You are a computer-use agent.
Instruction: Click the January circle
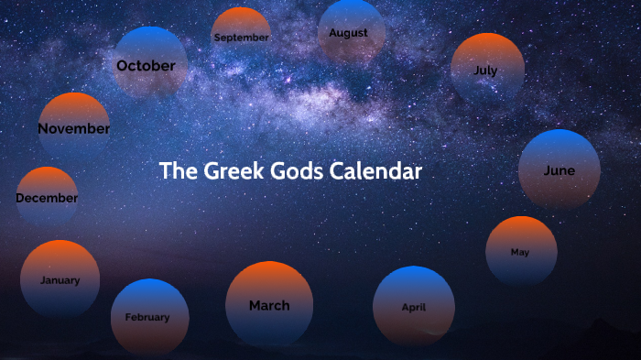coord(60,280)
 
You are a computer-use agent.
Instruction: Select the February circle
coord(149,317)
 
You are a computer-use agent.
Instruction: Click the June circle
coord(560,170)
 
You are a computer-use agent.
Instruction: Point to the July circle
coord(487,70)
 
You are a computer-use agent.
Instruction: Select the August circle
coord(350,33)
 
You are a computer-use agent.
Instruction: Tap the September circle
coord(241,38)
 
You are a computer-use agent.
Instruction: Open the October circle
coord(149,65)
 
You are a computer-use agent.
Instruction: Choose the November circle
coord(73,128)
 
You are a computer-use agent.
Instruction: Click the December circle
coord(47,197)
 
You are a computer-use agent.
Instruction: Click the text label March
coord(269,305)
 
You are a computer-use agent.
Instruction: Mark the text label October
coord(146,66)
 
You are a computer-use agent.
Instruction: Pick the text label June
coord(560,170)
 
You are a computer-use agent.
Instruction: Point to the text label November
coord(73,129)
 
